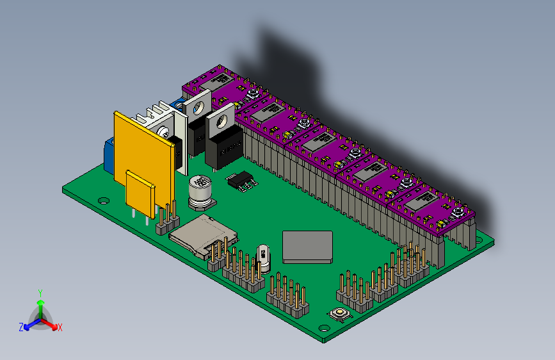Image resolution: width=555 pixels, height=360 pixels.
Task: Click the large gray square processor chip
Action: [x=308, y=246]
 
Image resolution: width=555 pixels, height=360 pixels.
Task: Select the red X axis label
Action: [x=60, y=327]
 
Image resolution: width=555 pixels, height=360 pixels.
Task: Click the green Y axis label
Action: [x=40, y=293]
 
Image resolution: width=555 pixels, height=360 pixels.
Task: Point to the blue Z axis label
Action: [x=21, y=327]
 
